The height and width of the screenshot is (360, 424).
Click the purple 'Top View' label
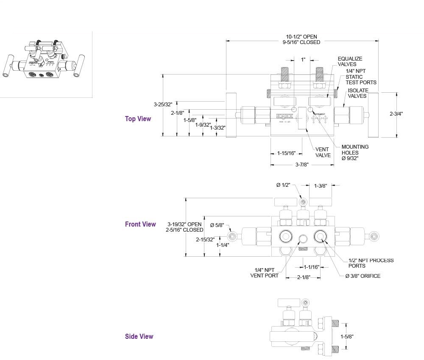(x=138, y=119)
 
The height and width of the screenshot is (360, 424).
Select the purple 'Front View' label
(x=140, y=224)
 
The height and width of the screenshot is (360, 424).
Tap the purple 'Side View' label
(x=139, y=337)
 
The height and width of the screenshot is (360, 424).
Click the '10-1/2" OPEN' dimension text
(x=301, y=37)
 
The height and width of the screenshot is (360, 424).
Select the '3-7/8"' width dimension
(x=302, y=165)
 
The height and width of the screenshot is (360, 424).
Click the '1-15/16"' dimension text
(x=286, y=153)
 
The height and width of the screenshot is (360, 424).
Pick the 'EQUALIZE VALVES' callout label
(x=350, y=61)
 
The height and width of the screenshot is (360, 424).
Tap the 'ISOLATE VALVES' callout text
(x=358, y=93)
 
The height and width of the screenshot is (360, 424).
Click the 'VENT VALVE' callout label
(x=323, y=152)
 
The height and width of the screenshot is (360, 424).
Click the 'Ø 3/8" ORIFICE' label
(x=363, y=276)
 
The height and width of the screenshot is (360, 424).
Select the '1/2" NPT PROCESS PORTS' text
(x=371, y=263)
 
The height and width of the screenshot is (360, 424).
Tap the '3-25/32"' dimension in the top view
(x=163, y=104)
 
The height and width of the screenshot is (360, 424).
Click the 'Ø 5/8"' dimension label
(x=217, y=225)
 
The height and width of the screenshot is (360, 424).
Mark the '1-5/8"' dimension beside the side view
(x=347, y=337)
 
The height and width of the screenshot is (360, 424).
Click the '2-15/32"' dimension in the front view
(x=205, y=239)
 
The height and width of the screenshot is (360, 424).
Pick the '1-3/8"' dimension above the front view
(x=320, y=186)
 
